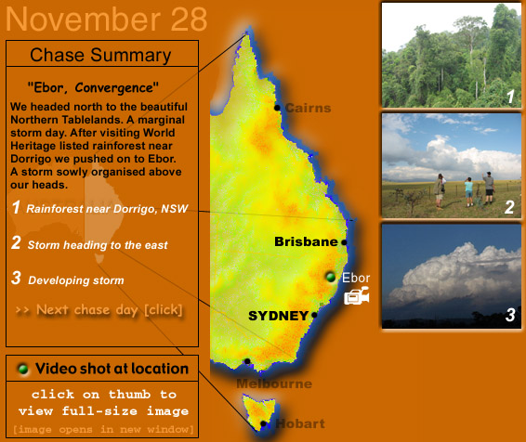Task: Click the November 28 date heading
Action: pos(106,19)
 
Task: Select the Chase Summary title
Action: pos(100,55)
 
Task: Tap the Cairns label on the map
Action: pos(308,108)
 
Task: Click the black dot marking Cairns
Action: pos(277,108)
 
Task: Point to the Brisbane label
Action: pos(306,241)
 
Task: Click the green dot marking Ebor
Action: pos(331,277)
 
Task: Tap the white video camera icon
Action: pos(357,295)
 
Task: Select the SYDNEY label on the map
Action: pos(279,316)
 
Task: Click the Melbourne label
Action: pos(274,383)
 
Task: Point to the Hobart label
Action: pos(300,424)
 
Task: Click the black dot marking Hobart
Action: pos(263,424)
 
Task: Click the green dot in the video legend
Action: pos(23,369)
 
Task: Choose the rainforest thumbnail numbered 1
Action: pos(452,56)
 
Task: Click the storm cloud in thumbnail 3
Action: pos(456,275)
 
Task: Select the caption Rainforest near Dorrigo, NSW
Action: pos(107,209)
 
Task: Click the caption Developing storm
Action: pos(76,280)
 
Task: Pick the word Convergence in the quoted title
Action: pos(113,88)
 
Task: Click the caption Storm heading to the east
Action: pos(98,245)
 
